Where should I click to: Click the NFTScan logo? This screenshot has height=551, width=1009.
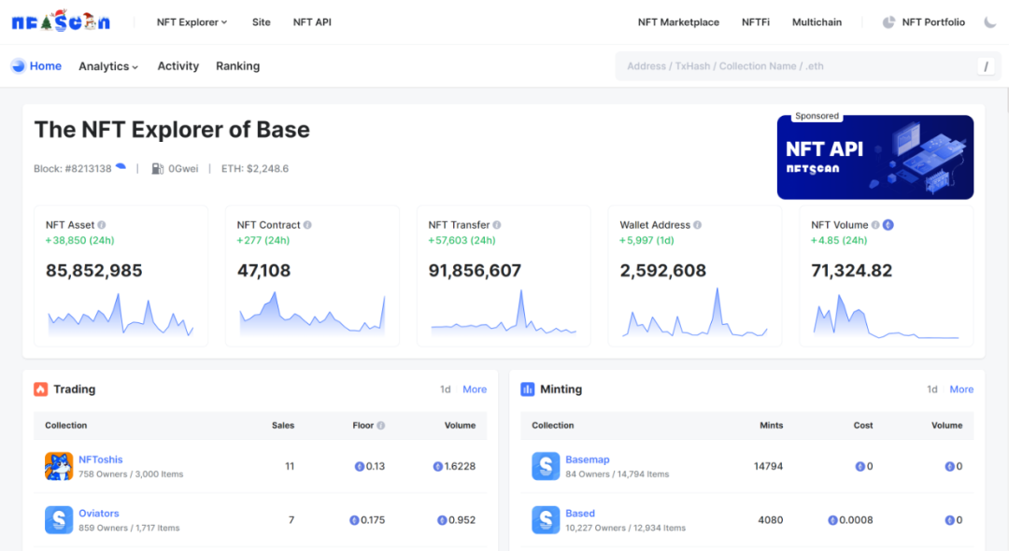click(61, 21)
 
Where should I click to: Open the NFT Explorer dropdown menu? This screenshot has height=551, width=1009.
click(192, 22)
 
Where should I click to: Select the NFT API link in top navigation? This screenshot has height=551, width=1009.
click(312, 22)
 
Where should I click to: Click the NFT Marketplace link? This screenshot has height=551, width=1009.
click(678, 22)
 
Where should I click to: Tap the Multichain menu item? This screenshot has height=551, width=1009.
click(817, 22)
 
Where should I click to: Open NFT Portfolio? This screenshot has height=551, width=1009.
click(932, 22)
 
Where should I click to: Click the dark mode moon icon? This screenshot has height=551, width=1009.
click(990, 22)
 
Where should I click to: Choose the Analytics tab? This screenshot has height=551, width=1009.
click(108, 66)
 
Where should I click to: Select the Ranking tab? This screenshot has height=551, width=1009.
click(237, 66)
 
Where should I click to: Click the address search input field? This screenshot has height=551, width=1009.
click(794, 66)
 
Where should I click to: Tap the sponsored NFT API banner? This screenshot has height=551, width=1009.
click(874, 157)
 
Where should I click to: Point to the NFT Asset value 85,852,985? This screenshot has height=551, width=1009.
click(94, 271)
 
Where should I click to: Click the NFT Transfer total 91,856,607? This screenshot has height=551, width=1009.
click(475, 271)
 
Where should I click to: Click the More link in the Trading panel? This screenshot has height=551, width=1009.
click(475, 389)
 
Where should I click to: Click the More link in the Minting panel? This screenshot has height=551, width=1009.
click(961, 389)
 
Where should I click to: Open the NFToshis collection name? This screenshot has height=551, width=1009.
click(101, 459)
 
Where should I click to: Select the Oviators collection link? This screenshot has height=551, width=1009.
click(99, 514)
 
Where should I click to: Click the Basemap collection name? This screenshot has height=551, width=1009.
click(588, 459)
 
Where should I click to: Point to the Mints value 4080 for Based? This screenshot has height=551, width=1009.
click(771, 520)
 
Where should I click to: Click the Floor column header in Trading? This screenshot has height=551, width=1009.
click(363, 426)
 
